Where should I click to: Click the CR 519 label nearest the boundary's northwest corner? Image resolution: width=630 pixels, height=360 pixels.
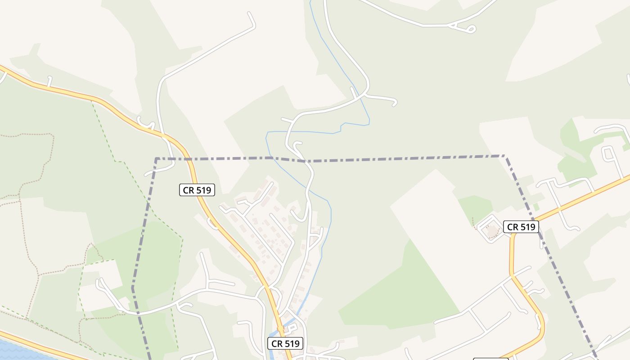[197, 190]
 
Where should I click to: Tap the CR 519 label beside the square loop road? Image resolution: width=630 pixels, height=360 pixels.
[521, 227]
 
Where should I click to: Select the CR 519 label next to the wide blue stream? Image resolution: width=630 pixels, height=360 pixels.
[285, 344]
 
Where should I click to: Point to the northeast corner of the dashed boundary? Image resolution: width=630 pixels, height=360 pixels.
[504, 156]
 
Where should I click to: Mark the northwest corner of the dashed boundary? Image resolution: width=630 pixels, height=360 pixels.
[156, 159]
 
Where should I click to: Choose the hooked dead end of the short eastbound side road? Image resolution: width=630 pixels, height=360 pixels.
[395, 103]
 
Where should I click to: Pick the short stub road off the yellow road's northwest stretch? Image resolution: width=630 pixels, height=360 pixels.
[49, 81]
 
